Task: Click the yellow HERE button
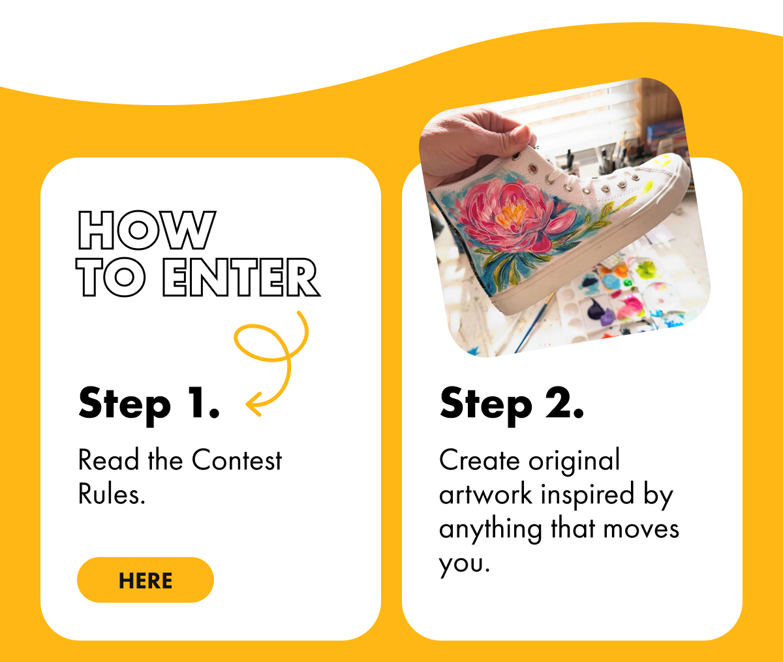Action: (x=146, y=580)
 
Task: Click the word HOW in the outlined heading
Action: (x=147, y=230)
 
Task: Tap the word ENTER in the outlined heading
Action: (x=241, y=277)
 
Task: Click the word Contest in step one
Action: (x=237, y=460)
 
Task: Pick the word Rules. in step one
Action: (x=112, y=494)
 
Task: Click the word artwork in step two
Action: (x=485, y=494)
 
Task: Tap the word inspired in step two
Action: (x=587, y=496)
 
